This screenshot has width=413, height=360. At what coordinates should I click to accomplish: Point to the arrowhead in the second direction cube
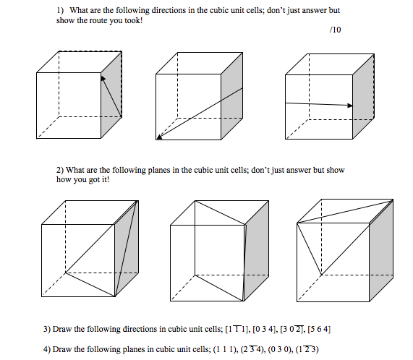point(159,135)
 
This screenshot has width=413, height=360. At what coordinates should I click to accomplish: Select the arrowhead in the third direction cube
point(350,106)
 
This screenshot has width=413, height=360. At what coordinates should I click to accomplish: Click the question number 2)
point(61,170)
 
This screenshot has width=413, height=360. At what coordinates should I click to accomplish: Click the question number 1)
point(61,12)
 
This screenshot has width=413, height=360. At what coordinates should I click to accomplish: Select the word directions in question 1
point(162,12)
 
